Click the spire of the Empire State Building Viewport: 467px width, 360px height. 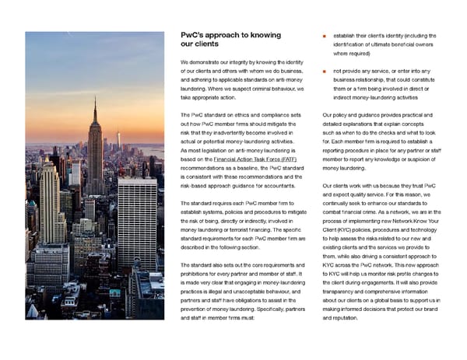tap(96, 104)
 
